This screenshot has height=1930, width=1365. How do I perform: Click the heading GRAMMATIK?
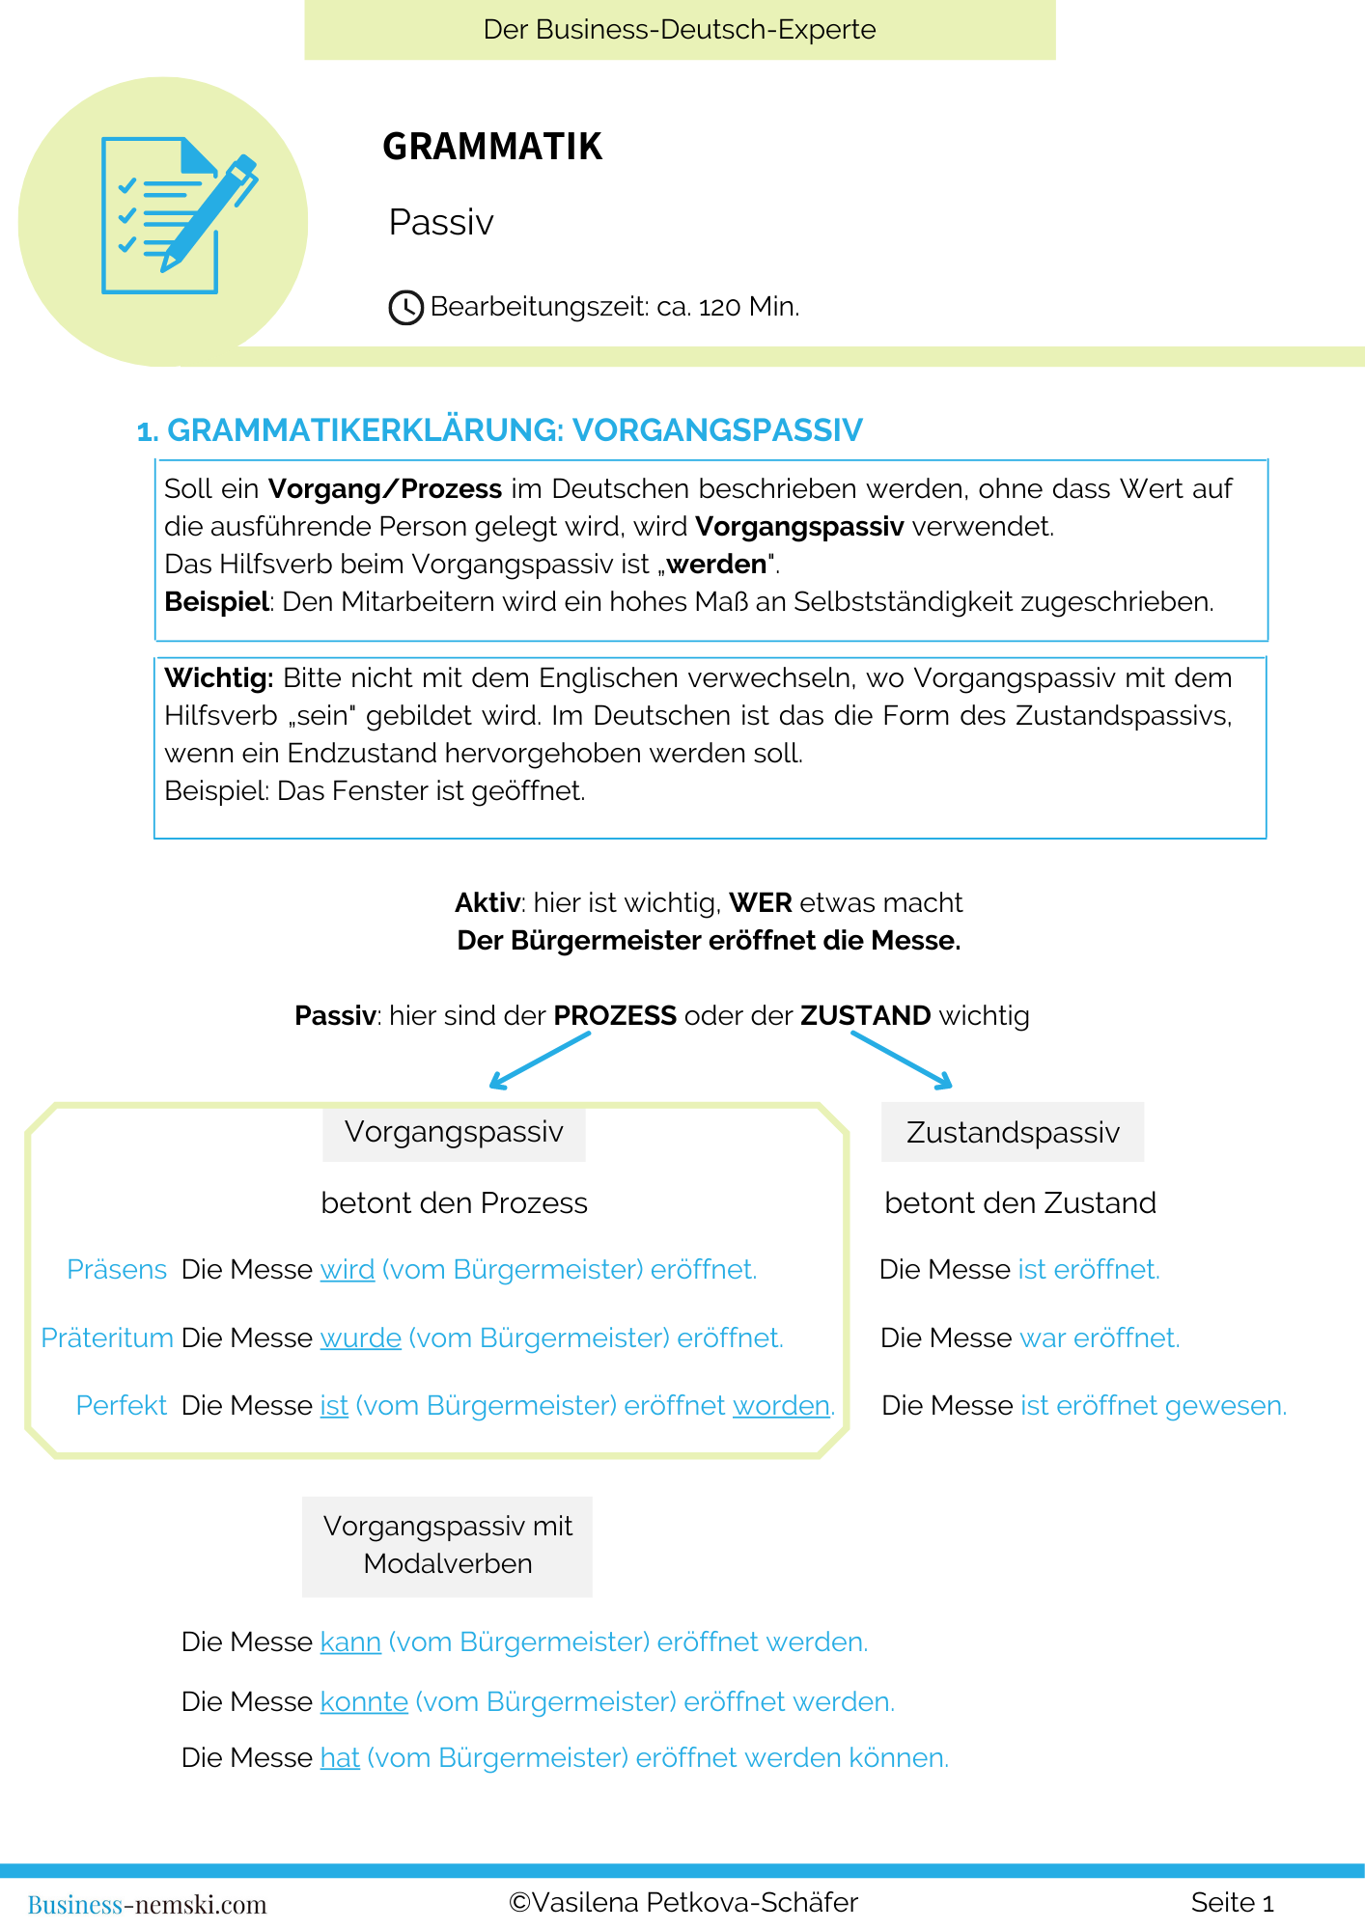pyautogui.click(x=492, y=147)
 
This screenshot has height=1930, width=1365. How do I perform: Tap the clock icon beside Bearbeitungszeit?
pyautogui.click(x=405, y=308)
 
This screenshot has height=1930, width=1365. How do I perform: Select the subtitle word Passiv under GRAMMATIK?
pyautogui.click(x=441, y=223)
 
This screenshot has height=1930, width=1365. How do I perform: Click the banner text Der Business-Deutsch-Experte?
pyautogui.click(x=680, y=30)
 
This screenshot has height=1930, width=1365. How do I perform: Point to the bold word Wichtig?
pyautogui.click(x=219, y=678)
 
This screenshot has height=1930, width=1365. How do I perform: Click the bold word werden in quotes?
pyautogui.click(x=716, y=564)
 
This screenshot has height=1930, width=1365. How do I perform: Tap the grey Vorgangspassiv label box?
pyautogui.click(x=454, y=1132)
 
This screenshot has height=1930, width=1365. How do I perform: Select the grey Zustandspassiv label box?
pyautogui.click(x=1013, y=1132)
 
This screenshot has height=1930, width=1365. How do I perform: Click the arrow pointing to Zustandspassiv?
pyautogui.click(x=903, y=1060)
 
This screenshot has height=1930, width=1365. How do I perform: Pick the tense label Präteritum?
pyautogui.click(x=106, y=1338)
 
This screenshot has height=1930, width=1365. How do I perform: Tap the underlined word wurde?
pyautogui.click(x=360, y=1338)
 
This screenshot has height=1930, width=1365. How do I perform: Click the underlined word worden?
pyautogui.click(x=781, y=1406)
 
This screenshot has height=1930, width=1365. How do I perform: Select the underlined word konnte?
pyautogui.click(x=364, y=1702)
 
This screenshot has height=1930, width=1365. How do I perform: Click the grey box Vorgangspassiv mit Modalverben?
pyautogui.click(x=447, y=1546)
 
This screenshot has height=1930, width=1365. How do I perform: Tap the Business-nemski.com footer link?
pyautogui.click(x=147, y=1905)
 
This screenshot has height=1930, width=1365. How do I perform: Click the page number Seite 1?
pyautogui.click(x=1232, y=1903)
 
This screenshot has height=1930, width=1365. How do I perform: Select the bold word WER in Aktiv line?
pyautogui.click(x=761, y=903)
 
